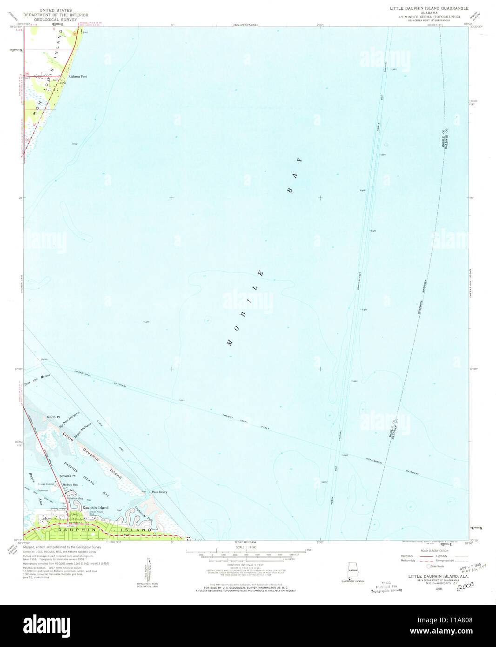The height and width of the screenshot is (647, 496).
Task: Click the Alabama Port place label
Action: click(78, 76)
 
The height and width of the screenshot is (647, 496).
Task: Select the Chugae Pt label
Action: click(67, 476)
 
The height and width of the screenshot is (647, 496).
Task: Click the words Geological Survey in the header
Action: click(59, 20)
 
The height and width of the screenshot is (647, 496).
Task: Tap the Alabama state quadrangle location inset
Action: click(353, 571)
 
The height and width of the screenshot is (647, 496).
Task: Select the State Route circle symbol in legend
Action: click(429, 566)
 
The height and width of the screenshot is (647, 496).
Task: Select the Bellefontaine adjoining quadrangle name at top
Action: click(245, 24)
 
